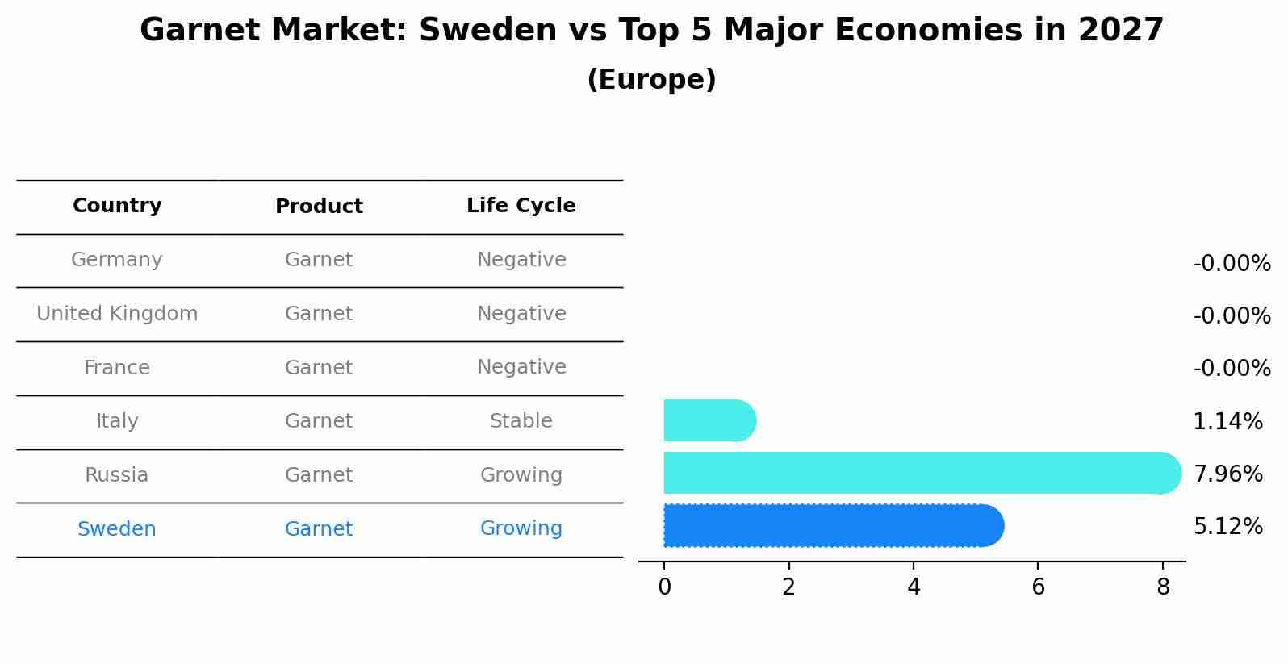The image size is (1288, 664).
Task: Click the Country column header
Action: pos(117,206)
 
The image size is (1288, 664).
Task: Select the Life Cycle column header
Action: pos(521,206)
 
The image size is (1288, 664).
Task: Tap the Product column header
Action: pos(319,207)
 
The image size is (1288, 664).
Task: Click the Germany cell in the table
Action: pos(117,260)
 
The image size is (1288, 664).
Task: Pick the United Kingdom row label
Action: pos(117,314)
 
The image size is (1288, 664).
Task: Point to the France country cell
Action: pos(117,368)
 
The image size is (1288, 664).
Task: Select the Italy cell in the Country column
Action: pos(117,421)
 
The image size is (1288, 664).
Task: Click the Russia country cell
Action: pos(117,475)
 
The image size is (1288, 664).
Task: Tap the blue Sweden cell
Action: pos(117,529)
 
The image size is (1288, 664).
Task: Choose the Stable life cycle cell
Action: pos(521,421)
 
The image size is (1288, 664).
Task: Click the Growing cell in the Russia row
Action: pos(521,475)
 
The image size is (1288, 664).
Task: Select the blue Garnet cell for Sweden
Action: pos(319,529)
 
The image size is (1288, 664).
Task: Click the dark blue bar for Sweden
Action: pos(831,526)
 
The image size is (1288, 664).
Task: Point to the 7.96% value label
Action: pos(1227,474)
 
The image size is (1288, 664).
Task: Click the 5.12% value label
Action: pos(1227,527)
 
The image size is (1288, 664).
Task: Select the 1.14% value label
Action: pos(1227,421)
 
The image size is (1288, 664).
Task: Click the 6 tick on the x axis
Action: pos(1038,587)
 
